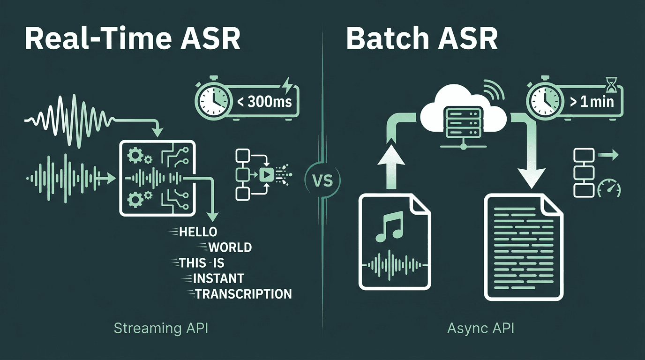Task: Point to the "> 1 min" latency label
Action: tap(591, 101)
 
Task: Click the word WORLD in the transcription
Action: tap(230, 247)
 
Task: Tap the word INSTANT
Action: tap(218, 278)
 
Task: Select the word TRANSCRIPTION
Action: tap(243, 294)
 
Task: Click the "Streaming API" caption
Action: tap(161, 328)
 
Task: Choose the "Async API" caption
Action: tap(480, 328)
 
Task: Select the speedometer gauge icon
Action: tap(609, 189)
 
